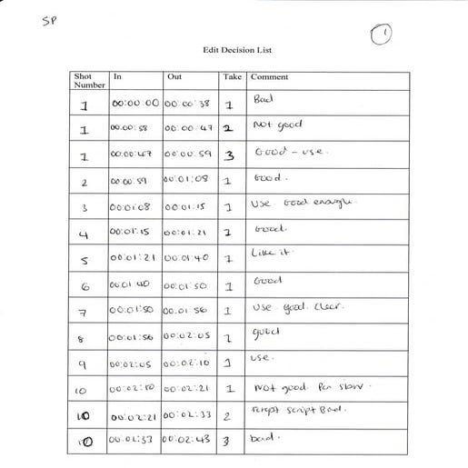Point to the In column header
pos(116,76)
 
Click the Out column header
pos(174,76)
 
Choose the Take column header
pos(234,76)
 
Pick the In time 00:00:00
pos(134,103)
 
